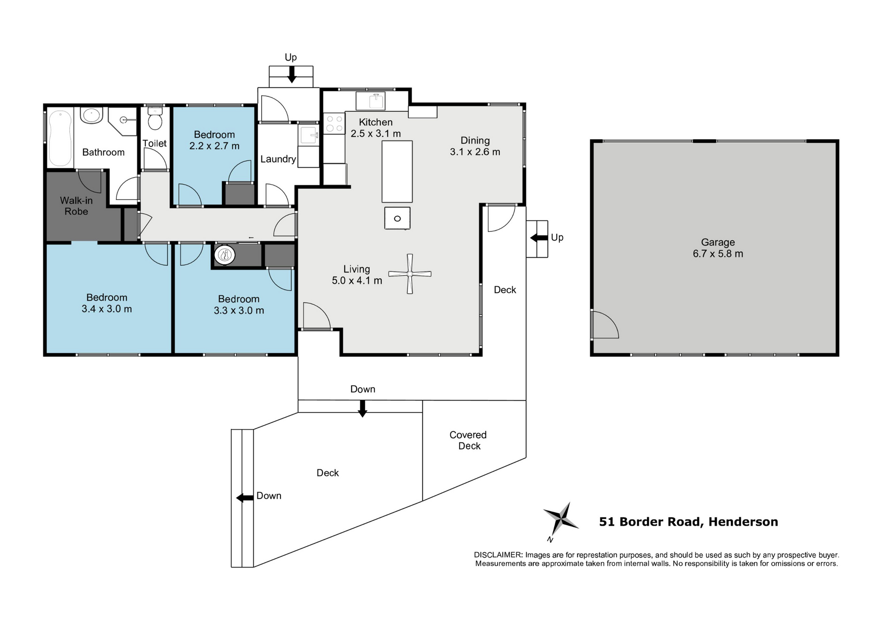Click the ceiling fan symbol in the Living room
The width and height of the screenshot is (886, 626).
click(410, 274)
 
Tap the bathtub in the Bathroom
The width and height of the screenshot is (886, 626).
click(60, 137)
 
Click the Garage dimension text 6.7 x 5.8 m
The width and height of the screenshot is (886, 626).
click(718, 254)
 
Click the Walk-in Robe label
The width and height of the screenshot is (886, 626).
click(76, 206)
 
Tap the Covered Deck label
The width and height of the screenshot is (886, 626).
click(468, 440)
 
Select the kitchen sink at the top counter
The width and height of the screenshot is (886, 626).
click(377, 100)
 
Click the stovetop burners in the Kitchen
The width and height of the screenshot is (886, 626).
click(334, 123)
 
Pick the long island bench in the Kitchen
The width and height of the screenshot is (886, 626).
click(397, 171)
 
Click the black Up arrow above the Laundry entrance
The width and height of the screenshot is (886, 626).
click(291, 75)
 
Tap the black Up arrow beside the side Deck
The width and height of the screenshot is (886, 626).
click(539, 238)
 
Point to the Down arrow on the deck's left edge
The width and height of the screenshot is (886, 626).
click(245, 498)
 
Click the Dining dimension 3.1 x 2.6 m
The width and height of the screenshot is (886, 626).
click(475, 152)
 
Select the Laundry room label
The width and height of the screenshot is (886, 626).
click(278, 159)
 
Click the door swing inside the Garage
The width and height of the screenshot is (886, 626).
click(605, 325)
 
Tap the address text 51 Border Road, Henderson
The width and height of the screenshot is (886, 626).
click(688, 522)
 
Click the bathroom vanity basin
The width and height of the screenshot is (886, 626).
click(91, 115)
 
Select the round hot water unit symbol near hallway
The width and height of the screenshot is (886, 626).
click(225, 254)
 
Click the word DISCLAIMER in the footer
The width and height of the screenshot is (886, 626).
click(498, 555)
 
